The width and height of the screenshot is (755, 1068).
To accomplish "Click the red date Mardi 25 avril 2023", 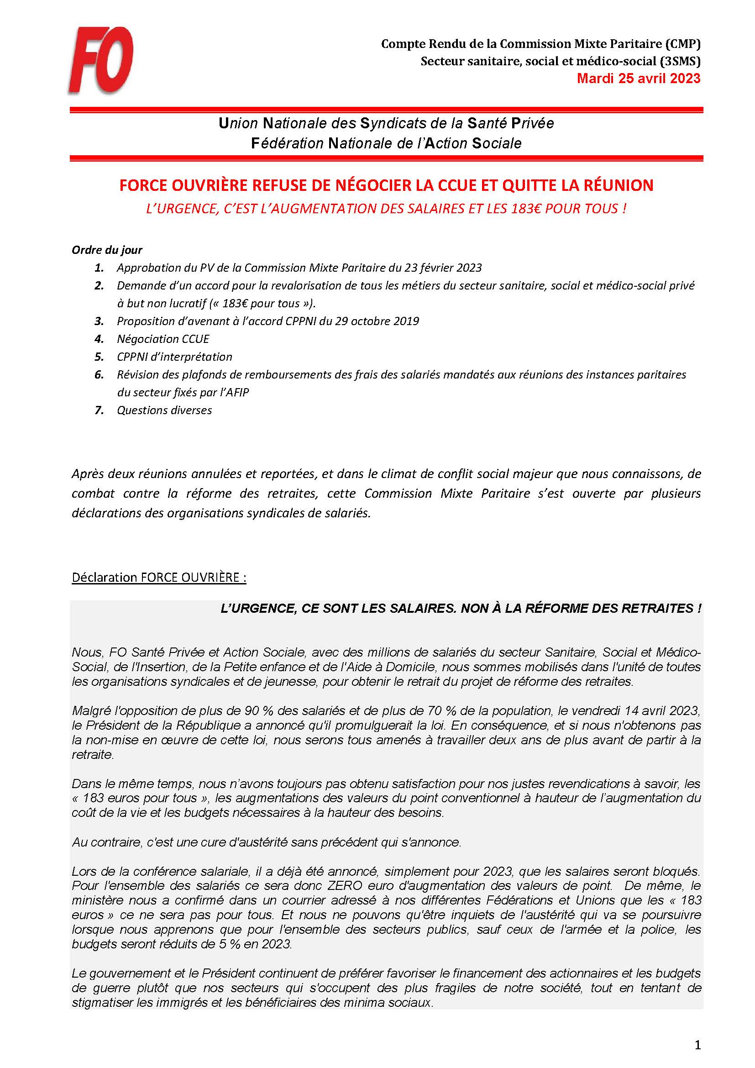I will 638,78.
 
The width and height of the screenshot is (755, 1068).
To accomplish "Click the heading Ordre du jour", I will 107,250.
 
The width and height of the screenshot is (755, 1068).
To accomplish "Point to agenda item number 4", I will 99,339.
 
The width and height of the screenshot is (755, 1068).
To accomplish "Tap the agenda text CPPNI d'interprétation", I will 174,356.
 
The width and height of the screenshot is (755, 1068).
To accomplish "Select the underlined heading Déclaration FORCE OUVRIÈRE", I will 158,577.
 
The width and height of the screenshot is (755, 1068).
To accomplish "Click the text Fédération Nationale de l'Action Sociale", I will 386,143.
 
